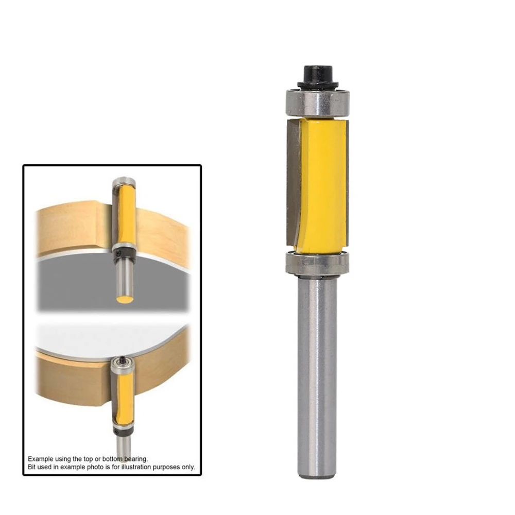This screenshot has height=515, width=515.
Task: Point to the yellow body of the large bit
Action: click(x=322, y=180)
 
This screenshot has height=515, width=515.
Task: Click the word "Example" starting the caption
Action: click(x=40, y=458)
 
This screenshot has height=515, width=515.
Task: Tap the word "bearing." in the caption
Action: click(x=136, y=458)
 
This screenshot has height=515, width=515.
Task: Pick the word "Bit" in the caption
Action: click(x=32, y=467)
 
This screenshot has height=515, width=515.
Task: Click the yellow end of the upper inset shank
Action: click(x=123, y=299)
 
